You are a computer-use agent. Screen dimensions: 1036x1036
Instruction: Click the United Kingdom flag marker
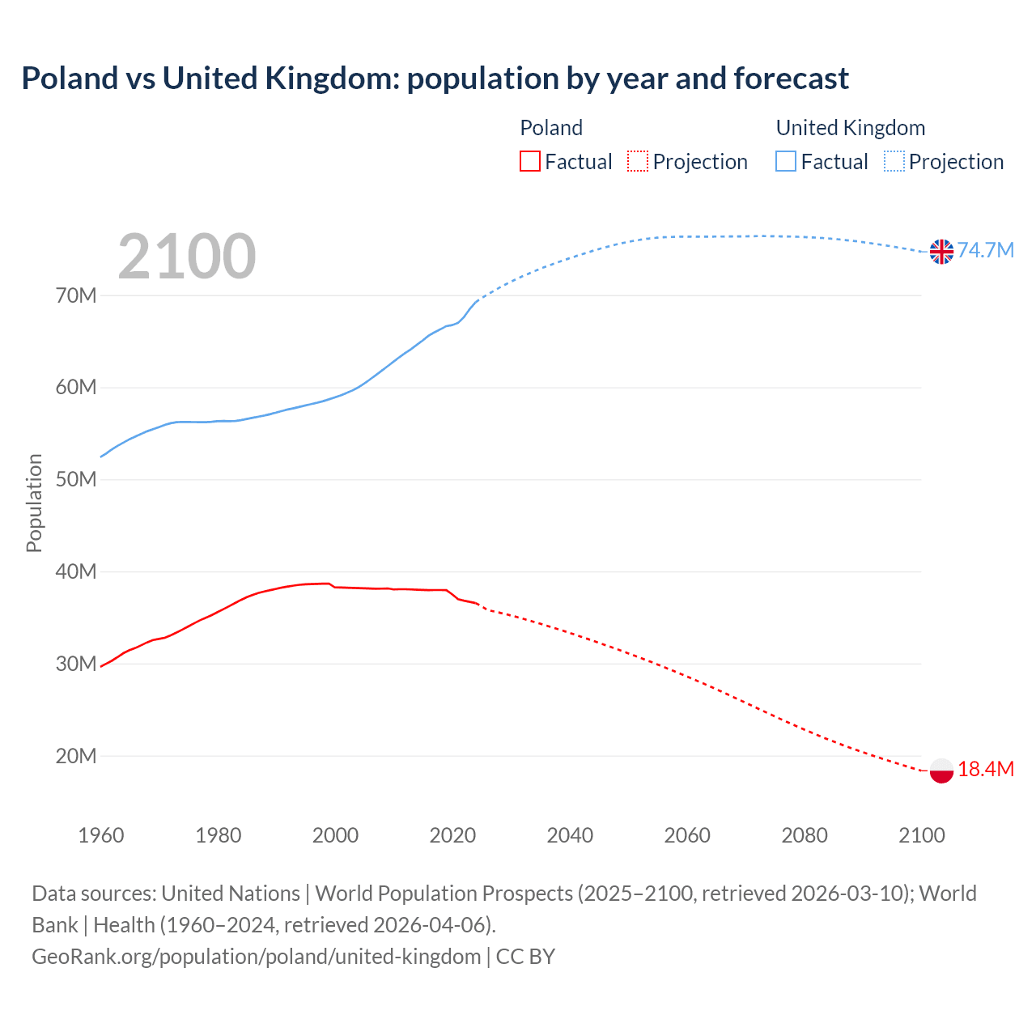click(941, 252)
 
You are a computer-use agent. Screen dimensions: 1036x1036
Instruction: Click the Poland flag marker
click(941, 771)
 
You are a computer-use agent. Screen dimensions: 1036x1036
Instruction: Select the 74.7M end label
click(985, 250)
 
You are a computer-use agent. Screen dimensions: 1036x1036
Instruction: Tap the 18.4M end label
click(985, 769)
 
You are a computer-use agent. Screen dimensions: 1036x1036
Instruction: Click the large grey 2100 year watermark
click(187, 257)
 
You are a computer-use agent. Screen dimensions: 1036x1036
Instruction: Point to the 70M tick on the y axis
click(76, 295)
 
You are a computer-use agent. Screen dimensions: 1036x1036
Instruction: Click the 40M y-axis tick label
click(76, 572)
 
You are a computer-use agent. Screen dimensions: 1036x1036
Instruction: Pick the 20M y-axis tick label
click(76, 756)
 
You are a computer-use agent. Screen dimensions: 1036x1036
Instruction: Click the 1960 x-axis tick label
click(101, 835)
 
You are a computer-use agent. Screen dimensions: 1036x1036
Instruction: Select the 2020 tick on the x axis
click(452, 835)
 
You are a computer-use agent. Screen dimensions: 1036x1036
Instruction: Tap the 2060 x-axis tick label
click(687, 835)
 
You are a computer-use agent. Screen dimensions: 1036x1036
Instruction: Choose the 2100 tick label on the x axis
click(922, 835)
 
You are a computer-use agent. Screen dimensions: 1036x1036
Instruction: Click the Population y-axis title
click(34, 503)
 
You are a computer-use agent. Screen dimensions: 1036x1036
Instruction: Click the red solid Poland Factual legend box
click(530, 161)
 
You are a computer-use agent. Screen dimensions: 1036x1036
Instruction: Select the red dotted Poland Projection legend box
click(638, 161)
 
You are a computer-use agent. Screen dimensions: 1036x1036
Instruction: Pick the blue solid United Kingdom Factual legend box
click(786, 161)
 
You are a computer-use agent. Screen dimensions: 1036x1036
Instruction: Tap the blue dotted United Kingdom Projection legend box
click(894, 161)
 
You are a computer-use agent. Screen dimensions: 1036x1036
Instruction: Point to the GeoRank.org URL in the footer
click(256, 957)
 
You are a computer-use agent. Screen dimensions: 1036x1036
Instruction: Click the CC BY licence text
click(525, 957)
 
